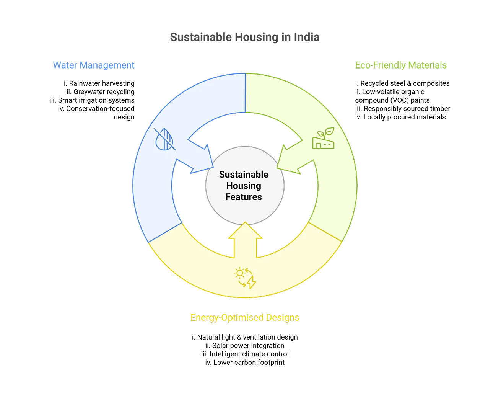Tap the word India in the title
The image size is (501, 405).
click(307, 37)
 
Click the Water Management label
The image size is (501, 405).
click(93, 65)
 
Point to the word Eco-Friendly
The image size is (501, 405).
click(380, 65)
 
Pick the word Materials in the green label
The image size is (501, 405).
click(427, 65)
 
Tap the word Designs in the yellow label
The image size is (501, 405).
click(283, 318)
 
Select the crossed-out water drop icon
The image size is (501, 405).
click(165, 139)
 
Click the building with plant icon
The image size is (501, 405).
click(323, 138)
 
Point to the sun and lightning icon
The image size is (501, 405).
click(245, 278)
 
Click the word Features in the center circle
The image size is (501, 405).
click(244, 197)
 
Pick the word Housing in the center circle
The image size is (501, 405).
click(244, 186)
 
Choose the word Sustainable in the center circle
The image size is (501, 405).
click(244, 175)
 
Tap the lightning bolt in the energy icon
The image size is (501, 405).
click(251, 283)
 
